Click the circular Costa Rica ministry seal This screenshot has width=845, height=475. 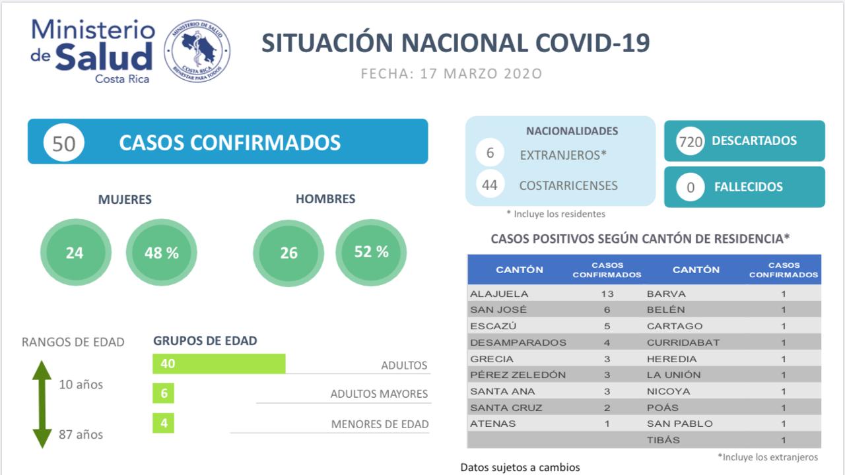click(x=197, y=51)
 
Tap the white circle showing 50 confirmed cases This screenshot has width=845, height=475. click(x=64, y=142)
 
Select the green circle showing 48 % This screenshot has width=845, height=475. click(x=161, y=253)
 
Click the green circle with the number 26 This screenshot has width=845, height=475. click(x=288, y=253)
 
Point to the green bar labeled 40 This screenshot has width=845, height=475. click(x=219, y=364)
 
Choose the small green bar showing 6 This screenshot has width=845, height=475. click(x=163, y=393)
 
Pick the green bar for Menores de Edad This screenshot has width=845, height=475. click(x=163, y=423)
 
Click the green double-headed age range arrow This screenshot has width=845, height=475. click(x=42, y=404)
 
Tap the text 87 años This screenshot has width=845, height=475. click(x=81, y=435)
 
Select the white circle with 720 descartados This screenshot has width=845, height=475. click(x=691, y=141)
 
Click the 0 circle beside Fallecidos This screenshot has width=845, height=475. click(x=691, y=187)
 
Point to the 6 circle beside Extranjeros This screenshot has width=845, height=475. click(x=490, y=154)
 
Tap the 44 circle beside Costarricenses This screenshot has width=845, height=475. click(x=490, y=185)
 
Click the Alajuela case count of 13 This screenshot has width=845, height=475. click(x=607, y=294)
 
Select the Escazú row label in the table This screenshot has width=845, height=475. click(x=494, y=326)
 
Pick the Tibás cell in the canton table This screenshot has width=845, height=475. click(x=663, y=440)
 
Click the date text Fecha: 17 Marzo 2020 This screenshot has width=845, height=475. click(x=452, y=73)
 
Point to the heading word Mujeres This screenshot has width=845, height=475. click(x=125, y=199)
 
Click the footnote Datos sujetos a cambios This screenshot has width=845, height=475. click(x=520, y=467)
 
